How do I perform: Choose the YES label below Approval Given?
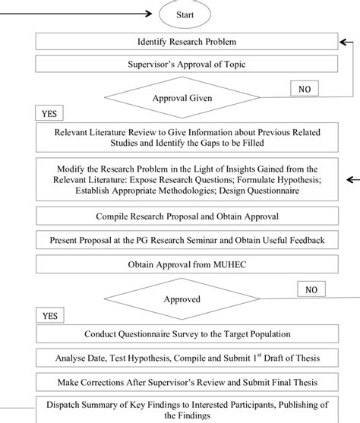(x=49, y=114)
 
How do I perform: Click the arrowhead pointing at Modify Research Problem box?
(x=349, y=180)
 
